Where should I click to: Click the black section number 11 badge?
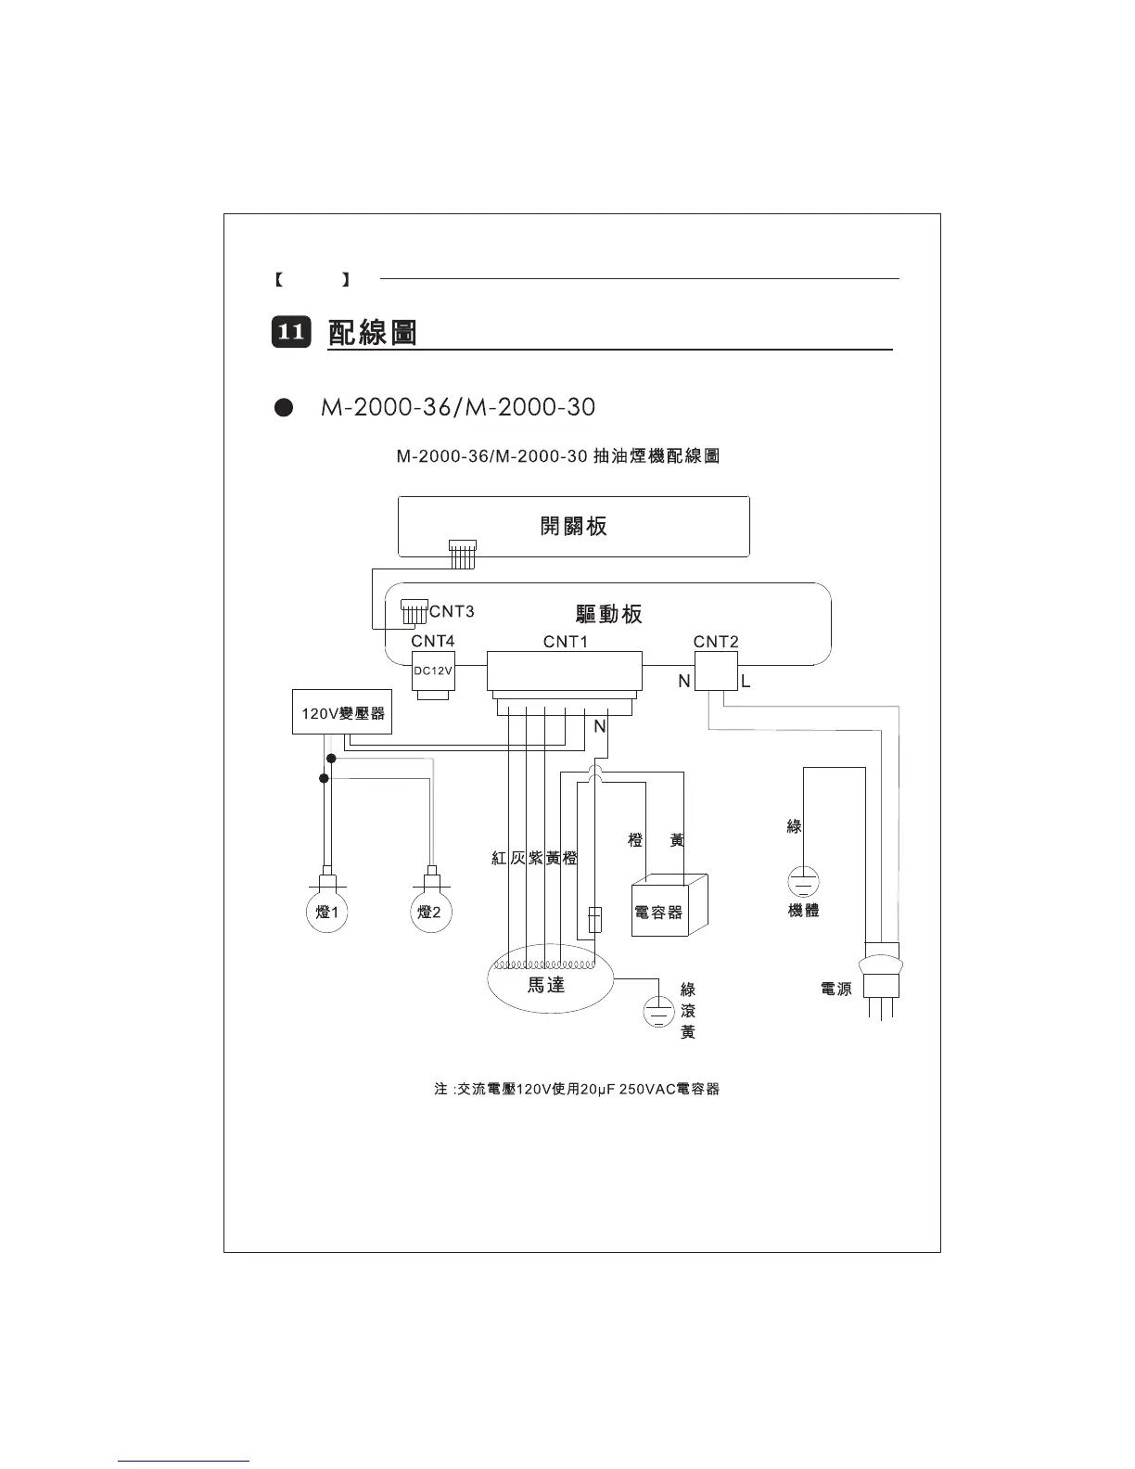[290, 332]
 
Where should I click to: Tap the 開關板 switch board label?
[573, 527]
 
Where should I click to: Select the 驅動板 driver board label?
[608, 614]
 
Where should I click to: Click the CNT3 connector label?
[452, 611]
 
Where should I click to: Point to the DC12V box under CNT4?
[432, 671]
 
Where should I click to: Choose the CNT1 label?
[566, 642]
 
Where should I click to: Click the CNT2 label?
[716, 642]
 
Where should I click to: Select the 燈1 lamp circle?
[326, 913]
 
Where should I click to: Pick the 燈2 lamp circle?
[430, 913]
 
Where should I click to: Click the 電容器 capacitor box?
[660, 912]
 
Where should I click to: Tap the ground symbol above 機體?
[803, 879]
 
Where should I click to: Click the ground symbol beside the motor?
[658, 1011]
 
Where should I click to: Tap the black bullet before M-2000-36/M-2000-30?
[284, 408]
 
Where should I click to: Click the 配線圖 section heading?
[373, 332]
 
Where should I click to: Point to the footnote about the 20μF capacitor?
[577, 1089]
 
